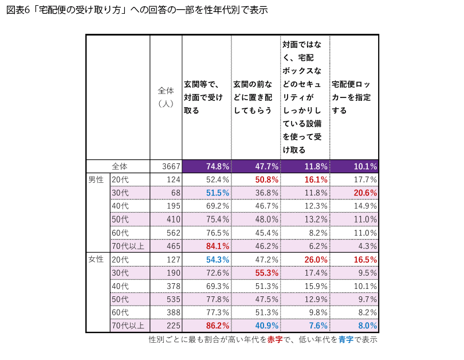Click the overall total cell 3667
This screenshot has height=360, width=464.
point(170,166)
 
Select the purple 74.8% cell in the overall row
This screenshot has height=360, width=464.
point(217,166)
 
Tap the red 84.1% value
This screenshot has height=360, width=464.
point(217,246)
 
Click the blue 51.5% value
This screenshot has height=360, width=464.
point(217,193)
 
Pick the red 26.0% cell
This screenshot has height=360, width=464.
point(316,259)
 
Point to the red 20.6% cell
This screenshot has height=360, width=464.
point(365,193)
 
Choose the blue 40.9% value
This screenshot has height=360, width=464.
point(266,326)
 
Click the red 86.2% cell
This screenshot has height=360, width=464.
point(217,326)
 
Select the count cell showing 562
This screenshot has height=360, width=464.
point(172,233)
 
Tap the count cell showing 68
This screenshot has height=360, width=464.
point(175,193)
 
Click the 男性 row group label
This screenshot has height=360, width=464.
point(96,179)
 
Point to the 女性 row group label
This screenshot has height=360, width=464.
point(96,259)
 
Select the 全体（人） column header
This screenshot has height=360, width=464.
point(166,97)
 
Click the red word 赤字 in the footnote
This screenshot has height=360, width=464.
point(275,339)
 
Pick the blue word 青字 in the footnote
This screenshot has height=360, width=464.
point(345,339)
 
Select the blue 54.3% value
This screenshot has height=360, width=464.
point(217,259)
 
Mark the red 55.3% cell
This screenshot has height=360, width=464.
point(266,272)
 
